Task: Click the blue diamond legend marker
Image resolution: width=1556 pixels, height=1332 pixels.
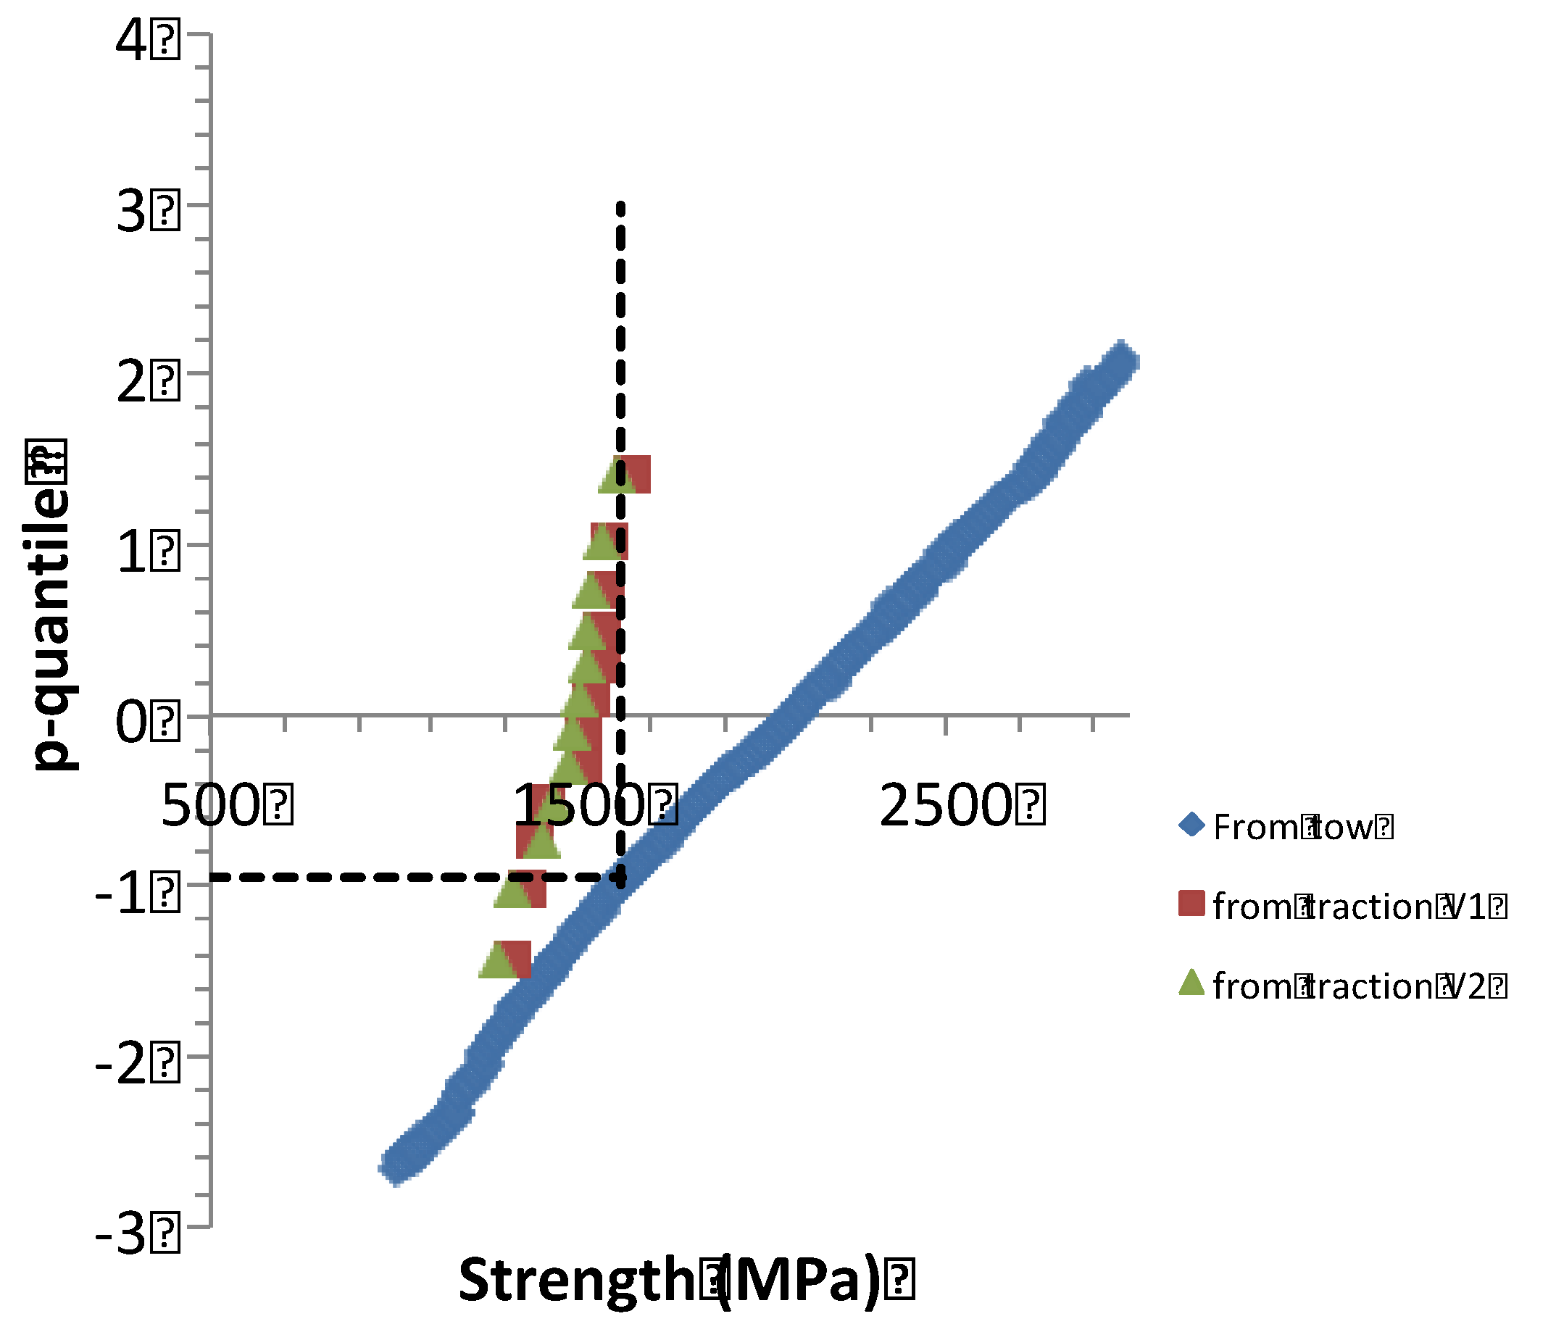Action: click(1191, 826)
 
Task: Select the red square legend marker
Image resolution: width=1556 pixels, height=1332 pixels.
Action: click(1191, 903)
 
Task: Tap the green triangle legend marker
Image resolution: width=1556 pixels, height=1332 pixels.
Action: click(1191, 982)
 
